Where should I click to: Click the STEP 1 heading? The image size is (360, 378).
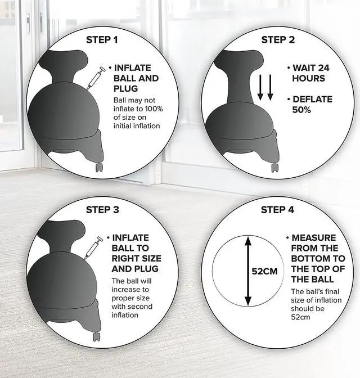(102, 40)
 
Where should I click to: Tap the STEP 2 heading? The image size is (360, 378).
(278, 40)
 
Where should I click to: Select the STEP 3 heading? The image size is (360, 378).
(102, 210)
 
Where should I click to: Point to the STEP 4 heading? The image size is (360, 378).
(277, 210)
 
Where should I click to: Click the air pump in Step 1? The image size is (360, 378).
(96, 78)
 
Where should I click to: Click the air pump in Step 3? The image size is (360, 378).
(93, 248)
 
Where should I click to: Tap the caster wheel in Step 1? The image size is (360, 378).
(100, 168)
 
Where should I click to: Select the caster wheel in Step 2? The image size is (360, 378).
(275, 168)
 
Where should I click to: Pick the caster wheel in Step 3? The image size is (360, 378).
(97, 337)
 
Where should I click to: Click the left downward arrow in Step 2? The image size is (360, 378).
(260, 87)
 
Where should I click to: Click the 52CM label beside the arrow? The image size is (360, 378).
(264, 272)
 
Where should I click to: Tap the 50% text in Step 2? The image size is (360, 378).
(301, 110)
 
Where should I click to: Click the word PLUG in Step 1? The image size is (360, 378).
(125, 88)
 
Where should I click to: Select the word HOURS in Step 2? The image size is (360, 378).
(309, 78)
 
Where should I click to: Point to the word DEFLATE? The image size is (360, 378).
(313, 100)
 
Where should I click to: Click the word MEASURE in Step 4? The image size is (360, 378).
(314, 238)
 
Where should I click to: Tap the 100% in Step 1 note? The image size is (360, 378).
(154, 109)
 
